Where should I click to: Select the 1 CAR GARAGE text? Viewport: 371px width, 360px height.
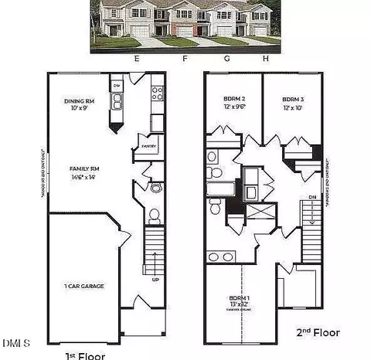83,286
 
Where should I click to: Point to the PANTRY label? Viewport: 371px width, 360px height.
149,146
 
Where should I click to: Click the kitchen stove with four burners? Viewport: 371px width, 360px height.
157,93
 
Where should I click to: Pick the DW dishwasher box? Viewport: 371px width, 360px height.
117,85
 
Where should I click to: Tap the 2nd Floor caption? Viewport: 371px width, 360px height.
318,332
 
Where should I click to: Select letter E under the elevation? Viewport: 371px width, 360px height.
136,59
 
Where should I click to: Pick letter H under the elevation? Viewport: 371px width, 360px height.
265,59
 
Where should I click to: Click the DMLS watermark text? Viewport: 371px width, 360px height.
15,342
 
